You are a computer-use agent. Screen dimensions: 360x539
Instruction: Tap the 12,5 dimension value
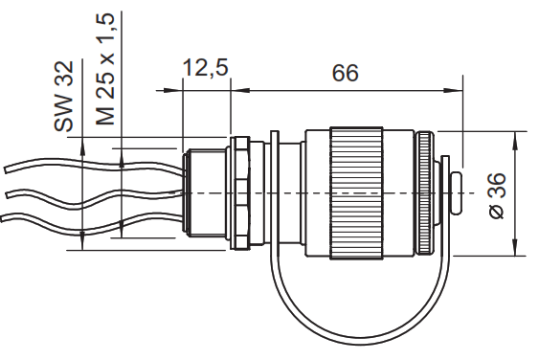click(x=205, y=69)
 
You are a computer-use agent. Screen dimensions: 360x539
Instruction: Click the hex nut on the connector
click(x=242, y=194)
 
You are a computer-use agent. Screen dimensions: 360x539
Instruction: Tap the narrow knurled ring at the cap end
click(x=423, y=194)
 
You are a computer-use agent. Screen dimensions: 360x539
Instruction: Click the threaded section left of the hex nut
click(x=206, y=194)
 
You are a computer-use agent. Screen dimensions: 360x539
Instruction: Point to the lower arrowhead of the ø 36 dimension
click(x=517, y=251)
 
